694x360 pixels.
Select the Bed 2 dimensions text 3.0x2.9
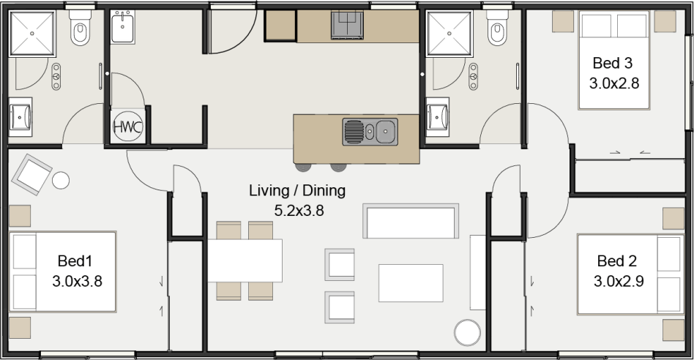619,280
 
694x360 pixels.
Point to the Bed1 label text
75,260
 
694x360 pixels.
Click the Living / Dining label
296,192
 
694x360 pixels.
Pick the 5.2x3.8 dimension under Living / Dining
299,211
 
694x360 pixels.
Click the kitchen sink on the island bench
370,132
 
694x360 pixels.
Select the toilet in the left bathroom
79,30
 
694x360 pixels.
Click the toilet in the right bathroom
498,30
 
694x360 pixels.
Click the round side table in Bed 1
60,179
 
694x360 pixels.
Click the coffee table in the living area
410,282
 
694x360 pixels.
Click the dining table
245,260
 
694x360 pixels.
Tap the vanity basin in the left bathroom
20,116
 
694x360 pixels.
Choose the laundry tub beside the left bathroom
123,28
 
